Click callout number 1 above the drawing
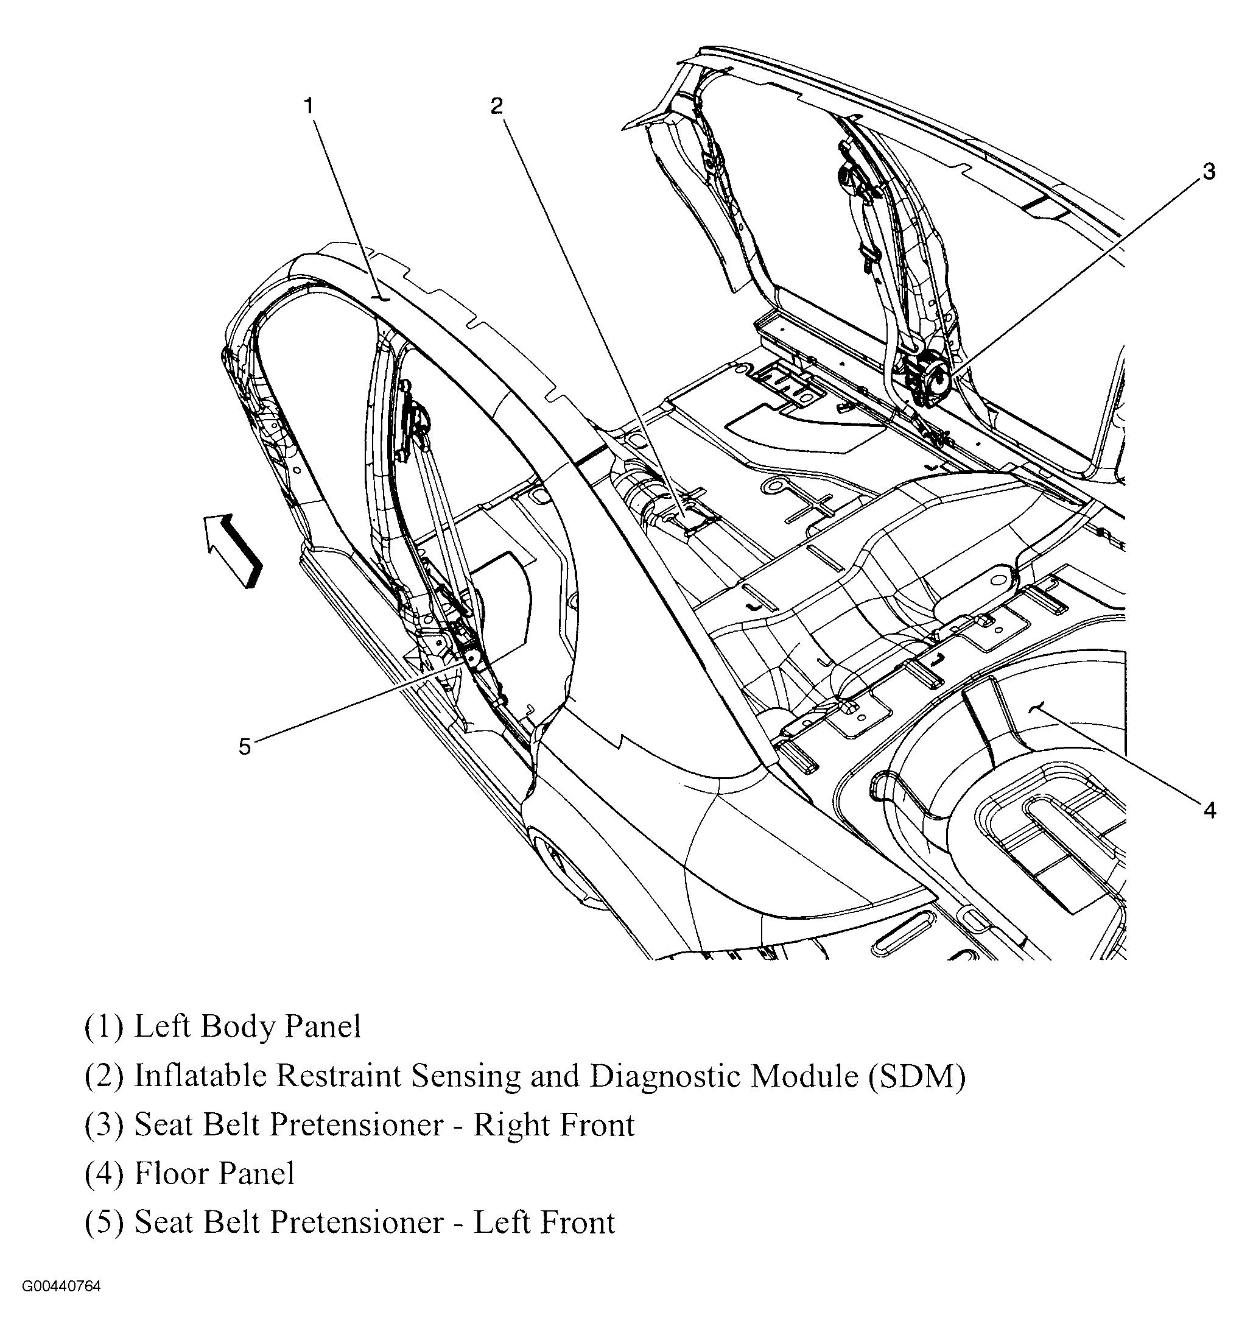[309, 106]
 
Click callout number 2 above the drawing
[496, 106]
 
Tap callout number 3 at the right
[1208, 172]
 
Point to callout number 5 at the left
[245, 747]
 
